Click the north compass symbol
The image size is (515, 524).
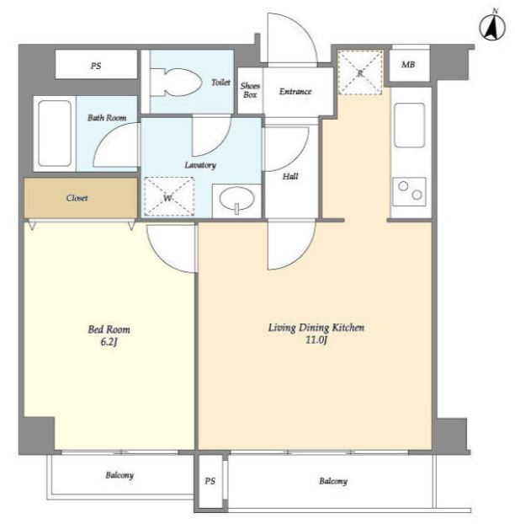492,26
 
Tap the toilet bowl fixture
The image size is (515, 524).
176,83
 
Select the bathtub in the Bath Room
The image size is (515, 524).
55,134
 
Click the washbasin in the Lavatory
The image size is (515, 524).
237,199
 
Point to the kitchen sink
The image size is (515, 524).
410,126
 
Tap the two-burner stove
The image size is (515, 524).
410,191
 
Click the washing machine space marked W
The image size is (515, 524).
169,196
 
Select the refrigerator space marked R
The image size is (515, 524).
360,72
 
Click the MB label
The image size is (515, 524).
408,64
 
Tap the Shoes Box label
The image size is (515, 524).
250,90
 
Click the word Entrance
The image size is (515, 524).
295,91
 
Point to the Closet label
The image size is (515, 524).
77,198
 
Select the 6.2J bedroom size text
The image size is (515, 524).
109,342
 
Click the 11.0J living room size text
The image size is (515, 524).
316,340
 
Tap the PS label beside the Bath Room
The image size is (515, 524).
96,66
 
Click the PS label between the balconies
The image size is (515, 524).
210,481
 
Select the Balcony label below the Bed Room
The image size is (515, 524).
119,475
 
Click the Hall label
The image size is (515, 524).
290,176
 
